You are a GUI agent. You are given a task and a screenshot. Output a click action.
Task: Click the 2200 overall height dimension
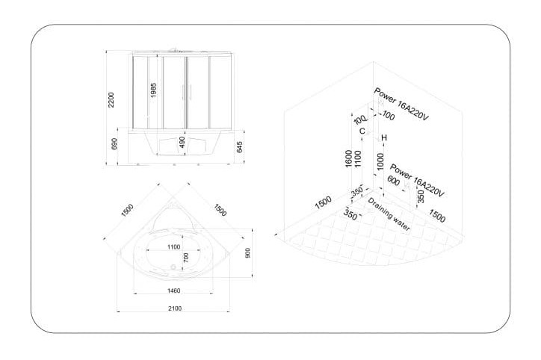[111, 99]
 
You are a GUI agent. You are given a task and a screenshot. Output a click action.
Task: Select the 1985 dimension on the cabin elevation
[153, 90]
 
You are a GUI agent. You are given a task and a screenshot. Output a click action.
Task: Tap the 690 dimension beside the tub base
[114, 144]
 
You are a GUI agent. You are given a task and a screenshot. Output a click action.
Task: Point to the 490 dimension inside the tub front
[182, 142]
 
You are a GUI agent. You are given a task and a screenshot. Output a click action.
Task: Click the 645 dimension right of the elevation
[239, 147]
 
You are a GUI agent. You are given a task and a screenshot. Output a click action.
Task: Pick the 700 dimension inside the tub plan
[186, 257]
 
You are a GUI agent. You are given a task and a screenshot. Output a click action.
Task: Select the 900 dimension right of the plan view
[247, 252]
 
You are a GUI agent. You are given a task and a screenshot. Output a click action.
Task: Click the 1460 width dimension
[173, 291]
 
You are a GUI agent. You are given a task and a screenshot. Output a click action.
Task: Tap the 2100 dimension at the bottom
[175, 308]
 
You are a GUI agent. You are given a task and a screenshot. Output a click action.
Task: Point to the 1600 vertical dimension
[349, 159]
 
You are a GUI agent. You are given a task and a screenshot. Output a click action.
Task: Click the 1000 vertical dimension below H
[380, 161]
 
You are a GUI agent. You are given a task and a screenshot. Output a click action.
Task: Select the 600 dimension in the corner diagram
[393, 181]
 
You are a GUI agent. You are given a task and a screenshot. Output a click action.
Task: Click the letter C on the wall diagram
[362, 131]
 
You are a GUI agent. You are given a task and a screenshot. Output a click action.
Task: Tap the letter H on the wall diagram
[384, 138]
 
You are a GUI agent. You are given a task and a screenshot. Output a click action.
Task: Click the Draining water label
[389, 214]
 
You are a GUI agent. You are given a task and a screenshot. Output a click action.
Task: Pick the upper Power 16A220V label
[401, 104]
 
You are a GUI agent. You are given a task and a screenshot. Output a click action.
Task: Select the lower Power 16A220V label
[417, 181]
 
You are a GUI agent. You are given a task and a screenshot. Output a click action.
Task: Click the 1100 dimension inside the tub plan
[173, 247]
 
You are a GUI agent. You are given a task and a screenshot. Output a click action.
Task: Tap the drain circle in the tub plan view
[173, 267]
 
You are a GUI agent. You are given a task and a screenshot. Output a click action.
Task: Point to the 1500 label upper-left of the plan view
[127, 211]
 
